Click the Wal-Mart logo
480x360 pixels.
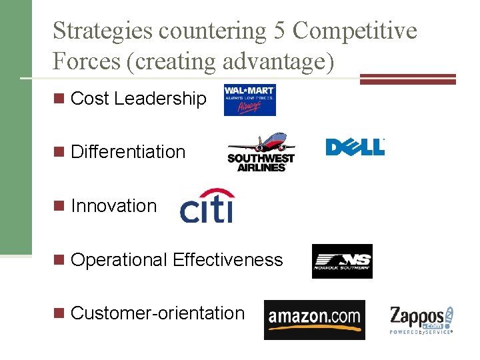249,100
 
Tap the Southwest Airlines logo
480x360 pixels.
261,152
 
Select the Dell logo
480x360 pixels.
355,147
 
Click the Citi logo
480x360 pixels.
207,206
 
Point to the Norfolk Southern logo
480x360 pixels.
342,261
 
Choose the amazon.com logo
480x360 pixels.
314,319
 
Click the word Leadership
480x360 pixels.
160,99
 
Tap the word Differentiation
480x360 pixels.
128,152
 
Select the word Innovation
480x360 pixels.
113,206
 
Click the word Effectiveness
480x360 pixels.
227,259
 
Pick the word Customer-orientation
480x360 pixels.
157,313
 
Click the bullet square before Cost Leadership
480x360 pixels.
60,99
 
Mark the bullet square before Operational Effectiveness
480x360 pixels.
60,260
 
